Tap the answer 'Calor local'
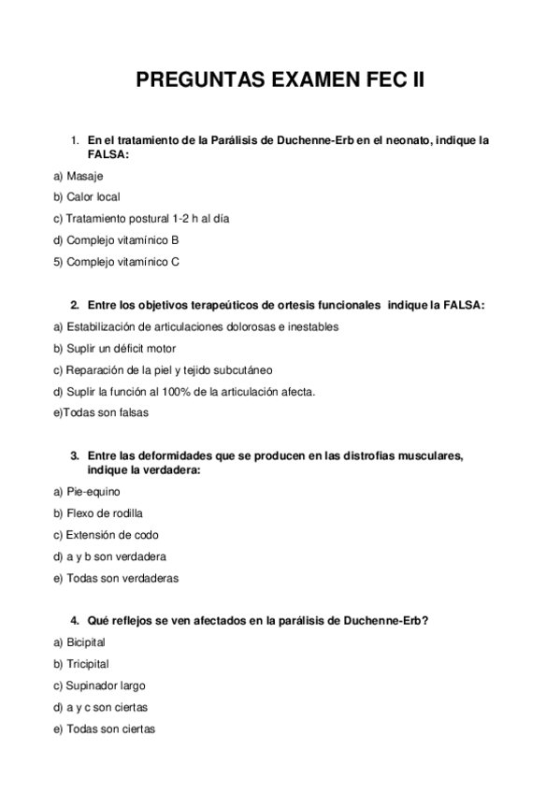coord(93,197)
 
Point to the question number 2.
coord(74,305)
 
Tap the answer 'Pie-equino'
coord(93,491)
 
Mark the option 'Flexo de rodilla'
coord(104,513)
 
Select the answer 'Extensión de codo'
coord(112,535)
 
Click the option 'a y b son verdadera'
coord(113,556)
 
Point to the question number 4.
coord(74,621)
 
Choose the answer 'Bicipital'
coord(86,642)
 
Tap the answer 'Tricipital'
coord(88,664)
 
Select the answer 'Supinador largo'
coord(106,685)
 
